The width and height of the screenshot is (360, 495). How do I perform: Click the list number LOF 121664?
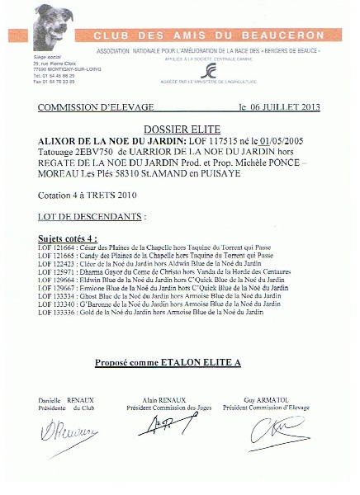(55, 249)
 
